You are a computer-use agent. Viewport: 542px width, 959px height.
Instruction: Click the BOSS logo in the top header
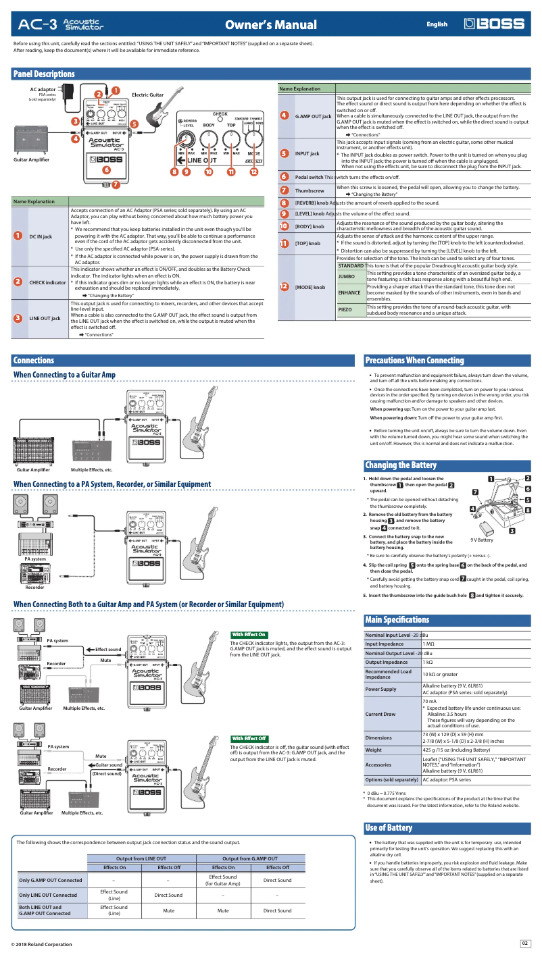tap(494, 24)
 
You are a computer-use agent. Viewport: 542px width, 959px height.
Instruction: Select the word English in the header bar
tap(437, 24)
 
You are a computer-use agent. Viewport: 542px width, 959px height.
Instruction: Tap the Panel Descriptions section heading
tap(45, 74)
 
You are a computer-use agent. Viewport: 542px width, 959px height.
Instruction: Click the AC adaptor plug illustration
tap(67, 91)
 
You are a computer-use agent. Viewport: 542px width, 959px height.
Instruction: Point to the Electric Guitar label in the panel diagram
tap(147, 95)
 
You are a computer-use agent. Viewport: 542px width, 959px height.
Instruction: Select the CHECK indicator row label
tap(47, 282)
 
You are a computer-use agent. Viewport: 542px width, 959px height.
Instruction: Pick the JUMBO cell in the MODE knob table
tap(347, 277)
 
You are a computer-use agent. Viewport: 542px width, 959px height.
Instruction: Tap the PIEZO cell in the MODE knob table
tap(346, 309)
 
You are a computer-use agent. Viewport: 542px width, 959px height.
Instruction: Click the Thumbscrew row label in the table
tap(310, 190)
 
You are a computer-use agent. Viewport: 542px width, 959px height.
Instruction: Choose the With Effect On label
tap(249, 635)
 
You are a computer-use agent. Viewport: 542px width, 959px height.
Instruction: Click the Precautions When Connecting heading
tap(414, 361)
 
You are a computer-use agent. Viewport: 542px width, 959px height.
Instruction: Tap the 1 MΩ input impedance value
tap(428, 644)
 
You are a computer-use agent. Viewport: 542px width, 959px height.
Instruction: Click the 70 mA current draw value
tap(430, 683)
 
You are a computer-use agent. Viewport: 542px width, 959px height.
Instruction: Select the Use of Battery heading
tap(389, 828)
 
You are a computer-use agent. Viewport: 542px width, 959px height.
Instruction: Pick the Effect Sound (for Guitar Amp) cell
tap(223, 880)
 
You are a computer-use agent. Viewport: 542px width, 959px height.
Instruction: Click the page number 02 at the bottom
tap(524, 943)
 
